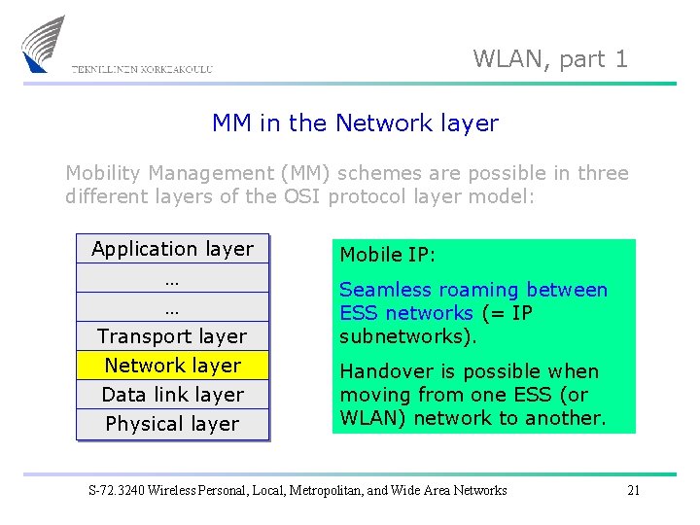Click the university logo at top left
click(43, 44)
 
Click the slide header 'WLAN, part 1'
click(550, 58)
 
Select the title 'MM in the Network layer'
click(355, 123)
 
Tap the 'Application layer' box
click(172, 249)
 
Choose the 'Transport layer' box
click(172, 336)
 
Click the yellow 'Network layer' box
click(172, 366)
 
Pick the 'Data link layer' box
click(172, 395)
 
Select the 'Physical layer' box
click(172, 424)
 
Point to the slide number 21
click(633, 490)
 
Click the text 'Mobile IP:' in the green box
click(387, 255)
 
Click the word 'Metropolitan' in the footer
click(332, 490)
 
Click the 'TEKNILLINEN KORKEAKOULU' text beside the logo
click(142, 70)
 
